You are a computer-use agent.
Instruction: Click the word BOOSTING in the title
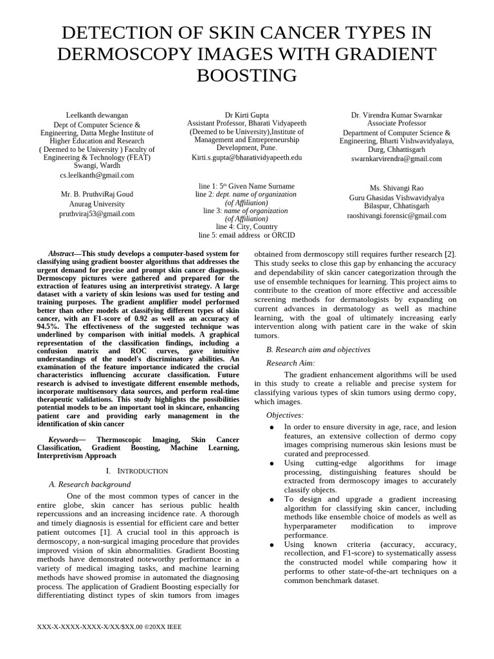coord(246,75)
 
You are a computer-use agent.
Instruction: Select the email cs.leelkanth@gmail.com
coord(96,174)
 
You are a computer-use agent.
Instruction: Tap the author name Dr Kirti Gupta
coord(246,115)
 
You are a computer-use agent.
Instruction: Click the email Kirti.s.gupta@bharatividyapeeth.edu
coord(246,157)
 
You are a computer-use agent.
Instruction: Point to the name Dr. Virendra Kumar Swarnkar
coord(396,115)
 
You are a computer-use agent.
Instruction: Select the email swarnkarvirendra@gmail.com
coord(396,158)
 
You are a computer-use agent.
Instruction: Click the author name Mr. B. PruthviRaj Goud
coord(96,194)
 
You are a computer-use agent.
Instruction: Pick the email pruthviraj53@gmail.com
coord(96,213)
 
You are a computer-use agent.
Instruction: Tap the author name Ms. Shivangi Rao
coord(396,188)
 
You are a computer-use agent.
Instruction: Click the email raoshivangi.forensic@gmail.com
coord(396,216)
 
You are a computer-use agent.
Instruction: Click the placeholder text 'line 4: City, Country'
coord(246,227)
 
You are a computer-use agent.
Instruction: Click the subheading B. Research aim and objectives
coord(318,349)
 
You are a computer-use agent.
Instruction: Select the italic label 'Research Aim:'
coord(291,363)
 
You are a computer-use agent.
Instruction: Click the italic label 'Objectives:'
coord(285,415)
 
